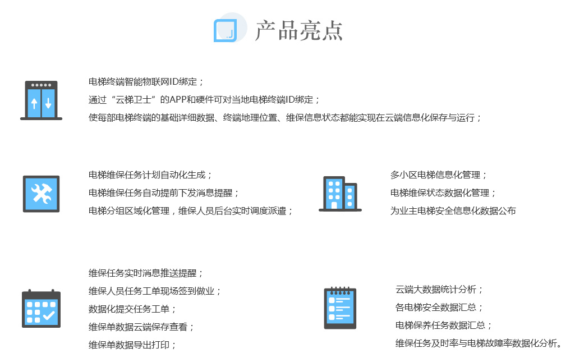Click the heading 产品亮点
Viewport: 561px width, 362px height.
coord(299,30)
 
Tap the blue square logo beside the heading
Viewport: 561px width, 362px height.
coord(225,30)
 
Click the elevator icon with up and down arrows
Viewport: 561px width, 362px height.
coord(41,100)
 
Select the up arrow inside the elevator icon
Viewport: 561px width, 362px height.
coord(34,103)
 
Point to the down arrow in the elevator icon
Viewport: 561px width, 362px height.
coord(48,103)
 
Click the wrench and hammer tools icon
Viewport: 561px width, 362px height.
coord(41,194)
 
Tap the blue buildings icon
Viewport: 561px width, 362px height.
coord(341,194)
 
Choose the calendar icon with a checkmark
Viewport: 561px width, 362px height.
coord(41,308)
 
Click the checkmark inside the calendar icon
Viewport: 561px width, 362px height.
coord(49,315)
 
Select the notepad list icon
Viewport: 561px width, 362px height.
coord(340,308)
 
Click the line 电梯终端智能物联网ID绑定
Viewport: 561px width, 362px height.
coord(142,81)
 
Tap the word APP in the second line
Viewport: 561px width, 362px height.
coord(178,99)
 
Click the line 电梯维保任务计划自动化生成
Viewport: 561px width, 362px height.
coord(147,175)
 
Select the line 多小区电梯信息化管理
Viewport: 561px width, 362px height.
coord(435,175)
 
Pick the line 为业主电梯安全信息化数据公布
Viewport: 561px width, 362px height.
coord(453,210)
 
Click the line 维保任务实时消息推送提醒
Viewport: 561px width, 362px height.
coord(142,273)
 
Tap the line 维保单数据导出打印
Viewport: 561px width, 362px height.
coord(129,345)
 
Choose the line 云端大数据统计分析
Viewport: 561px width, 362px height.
coord(436,289)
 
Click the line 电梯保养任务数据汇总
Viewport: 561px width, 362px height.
coord(440,325)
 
